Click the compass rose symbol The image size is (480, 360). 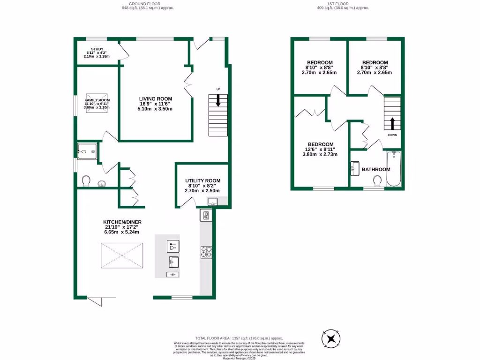331,338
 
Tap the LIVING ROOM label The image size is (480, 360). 155,98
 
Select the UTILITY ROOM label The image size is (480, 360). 202,180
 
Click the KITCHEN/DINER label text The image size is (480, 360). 122,222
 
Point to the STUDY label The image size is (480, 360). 97,49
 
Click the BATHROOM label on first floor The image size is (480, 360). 376,169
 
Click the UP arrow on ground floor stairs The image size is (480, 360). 218,100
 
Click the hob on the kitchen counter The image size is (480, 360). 206,252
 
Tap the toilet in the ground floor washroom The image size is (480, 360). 86,181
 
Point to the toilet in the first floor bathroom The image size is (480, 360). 378,181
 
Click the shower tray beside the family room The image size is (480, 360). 88,151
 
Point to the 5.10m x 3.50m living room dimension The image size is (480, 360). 155,109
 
